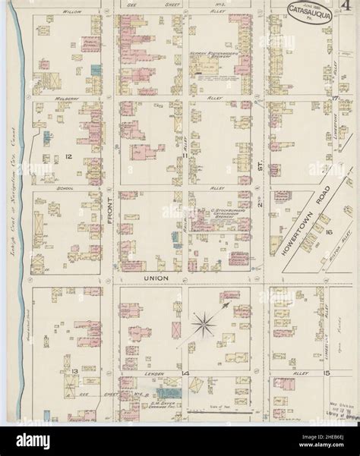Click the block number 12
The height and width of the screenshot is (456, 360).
(68, 156)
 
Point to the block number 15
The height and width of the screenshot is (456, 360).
(325, 374)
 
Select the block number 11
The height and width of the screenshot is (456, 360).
(185, 155)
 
